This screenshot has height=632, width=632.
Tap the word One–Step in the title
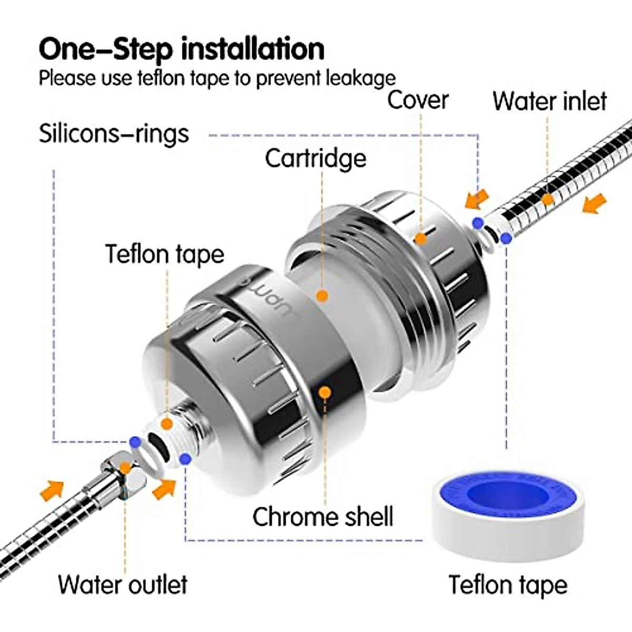[x=105, y=49]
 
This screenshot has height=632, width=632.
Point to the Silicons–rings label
[x=114, y=133]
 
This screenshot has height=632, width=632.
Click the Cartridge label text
[x=315, y=158]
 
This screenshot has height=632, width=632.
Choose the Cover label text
[x=418, y=100]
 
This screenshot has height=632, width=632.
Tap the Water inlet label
[x=549, y=101]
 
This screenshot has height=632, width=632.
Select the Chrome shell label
[x=323, y=517]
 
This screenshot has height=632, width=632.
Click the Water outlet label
[x=123, y=585]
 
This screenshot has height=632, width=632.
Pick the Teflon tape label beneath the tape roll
[x=508, y=585]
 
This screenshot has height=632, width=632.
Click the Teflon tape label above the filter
[x=165, y=254]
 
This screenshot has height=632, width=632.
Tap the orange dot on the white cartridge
[x=322, y=296]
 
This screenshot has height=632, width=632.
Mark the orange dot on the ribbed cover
[x=420, y=239]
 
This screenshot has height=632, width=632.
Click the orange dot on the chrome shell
[x=325, y=392]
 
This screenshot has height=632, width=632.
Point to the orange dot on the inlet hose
[x=548, y=200]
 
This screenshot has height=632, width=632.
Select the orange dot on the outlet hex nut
[x=125, y=468]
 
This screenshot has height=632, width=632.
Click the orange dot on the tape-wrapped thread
[x=167, y=423]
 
